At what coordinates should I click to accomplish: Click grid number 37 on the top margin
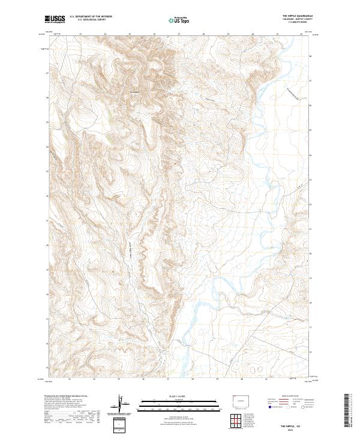point(179,35)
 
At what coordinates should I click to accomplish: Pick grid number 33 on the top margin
point(80,35)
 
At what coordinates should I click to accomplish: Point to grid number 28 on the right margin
point(310,56)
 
